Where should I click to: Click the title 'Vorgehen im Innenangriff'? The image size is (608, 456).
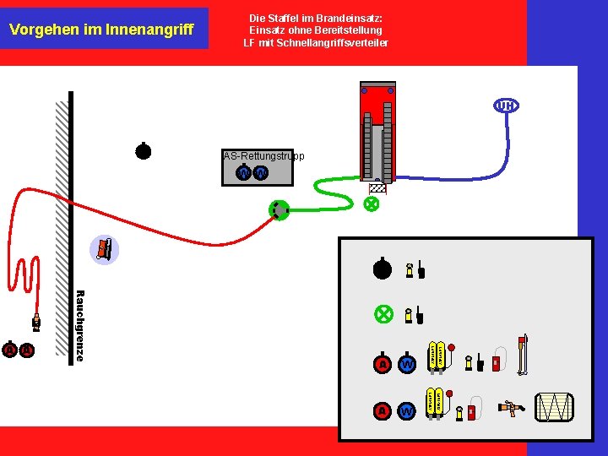click(x=101, y=30)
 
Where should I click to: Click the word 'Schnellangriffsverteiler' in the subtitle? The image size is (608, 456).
click(x=339, y=43)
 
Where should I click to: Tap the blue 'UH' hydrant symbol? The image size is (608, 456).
click(x=505, y=106)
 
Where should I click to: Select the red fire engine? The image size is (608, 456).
click(x=377, y=132)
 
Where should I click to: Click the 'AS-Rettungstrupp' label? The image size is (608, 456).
click(x=263, y=156)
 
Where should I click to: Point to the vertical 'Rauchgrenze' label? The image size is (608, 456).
click(x=79, y=326)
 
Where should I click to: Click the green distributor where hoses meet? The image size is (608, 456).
click(x=279, y=210)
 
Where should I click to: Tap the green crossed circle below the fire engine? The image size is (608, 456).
click(x=371, y=204)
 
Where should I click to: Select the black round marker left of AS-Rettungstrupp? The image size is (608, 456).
click(x=144, y=151)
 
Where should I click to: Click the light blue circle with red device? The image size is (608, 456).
click(x=104, y=249)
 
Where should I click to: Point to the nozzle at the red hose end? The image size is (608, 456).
click(x=35, y=322)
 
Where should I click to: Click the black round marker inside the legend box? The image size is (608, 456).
click(x=383, y=269)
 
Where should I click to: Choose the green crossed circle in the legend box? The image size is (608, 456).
click(x=383, y=313)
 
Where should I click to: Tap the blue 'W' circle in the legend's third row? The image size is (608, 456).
click(x=407, y=364)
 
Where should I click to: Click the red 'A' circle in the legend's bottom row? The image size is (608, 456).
click(x=383, y=410)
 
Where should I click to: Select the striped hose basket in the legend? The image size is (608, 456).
click(x=555, y=407)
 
